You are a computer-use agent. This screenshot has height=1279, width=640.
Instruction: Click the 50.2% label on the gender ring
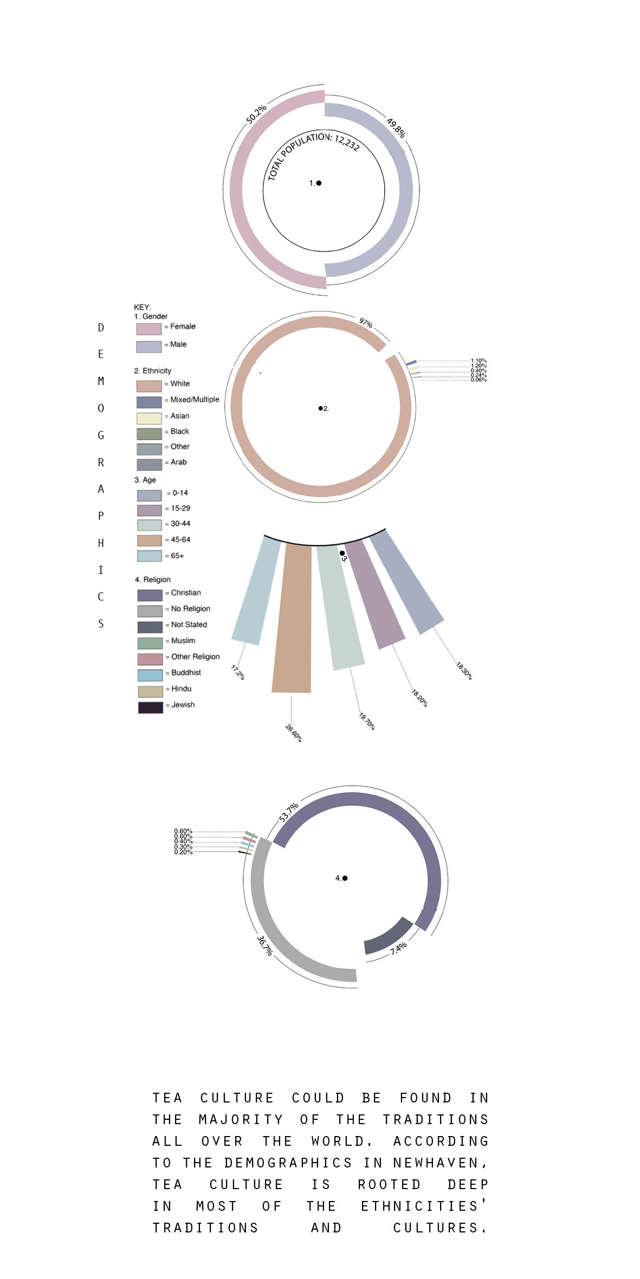point(256,114)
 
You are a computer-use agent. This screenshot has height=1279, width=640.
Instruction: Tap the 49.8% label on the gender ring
point(396,128)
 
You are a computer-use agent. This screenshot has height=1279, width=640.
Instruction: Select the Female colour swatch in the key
point(148,329)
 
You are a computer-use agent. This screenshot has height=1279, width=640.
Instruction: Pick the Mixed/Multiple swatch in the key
point(149,402)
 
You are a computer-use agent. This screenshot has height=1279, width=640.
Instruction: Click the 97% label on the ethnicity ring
point(366,323)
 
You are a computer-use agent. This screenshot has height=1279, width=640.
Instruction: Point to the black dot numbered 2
point(320,408)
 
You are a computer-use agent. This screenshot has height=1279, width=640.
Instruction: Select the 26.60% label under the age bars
point(294,733)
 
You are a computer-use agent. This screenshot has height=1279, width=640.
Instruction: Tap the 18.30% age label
point(464,671)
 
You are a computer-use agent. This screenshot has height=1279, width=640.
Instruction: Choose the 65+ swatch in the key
point(150,556)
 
